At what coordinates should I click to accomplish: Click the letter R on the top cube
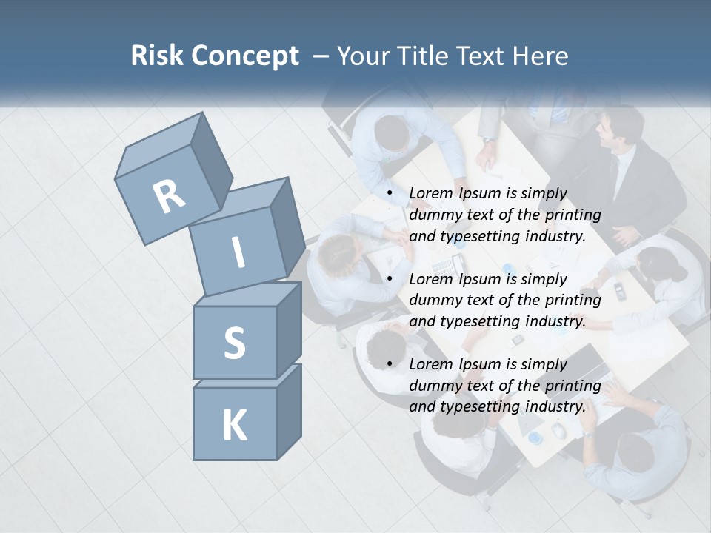[x=170, y=196]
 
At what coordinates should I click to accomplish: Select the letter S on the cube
[x=234, y=343]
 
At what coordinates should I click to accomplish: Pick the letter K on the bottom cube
[x=234, y=425]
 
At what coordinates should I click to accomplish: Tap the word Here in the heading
[x=540, y=56]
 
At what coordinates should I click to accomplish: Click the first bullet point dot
[x=390, y=194]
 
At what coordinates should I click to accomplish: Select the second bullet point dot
[x=390, y=279]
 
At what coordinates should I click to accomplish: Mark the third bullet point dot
[x=390, y=364]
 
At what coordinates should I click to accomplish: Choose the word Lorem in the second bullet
[x=430, y=279]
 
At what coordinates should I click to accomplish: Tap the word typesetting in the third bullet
[x=480, y=407]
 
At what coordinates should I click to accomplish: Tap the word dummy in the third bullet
[x=433, y=386]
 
